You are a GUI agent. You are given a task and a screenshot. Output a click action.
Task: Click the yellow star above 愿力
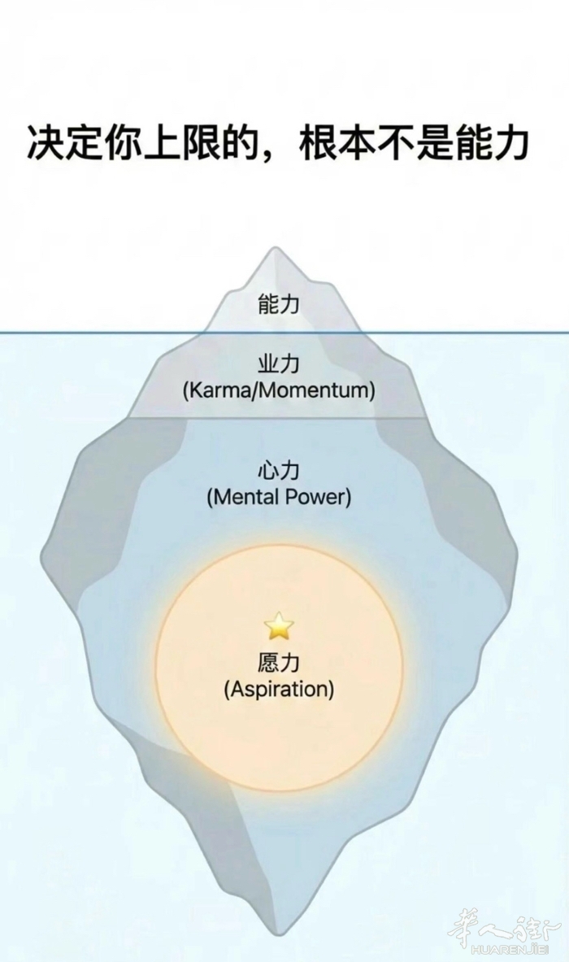pos(279,625)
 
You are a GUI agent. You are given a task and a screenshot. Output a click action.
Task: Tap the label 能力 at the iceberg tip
pos(279,305)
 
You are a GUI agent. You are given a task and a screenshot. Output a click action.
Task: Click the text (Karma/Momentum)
pos(279,390)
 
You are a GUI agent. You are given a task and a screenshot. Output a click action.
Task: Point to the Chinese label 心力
pos(279,470)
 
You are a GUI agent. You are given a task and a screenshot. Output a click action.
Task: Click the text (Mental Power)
pos(279,496)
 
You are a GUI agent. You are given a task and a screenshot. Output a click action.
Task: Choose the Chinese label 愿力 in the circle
pos(279,663)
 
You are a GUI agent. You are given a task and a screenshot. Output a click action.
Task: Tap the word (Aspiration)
pos(279,689)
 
